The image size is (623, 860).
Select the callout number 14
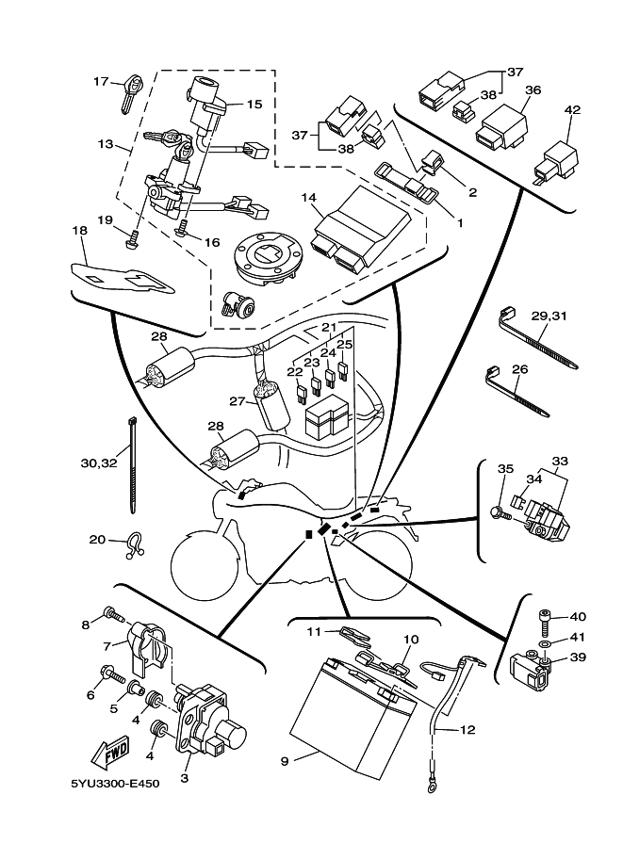tap(308, 198)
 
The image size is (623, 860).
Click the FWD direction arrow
tap(110, 755)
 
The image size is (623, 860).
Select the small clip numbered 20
tap(134, 544)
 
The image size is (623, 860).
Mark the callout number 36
tap(533, 90)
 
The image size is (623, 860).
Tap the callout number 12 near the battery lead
tap(467, 730)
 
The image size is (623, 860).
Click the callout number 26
tap(519, 369)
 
